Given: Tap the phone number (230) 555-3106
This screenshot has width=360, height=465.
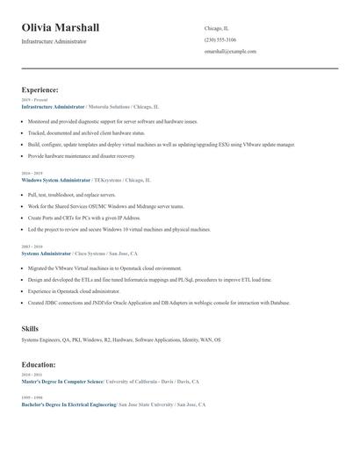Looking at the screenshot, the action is [220, 39].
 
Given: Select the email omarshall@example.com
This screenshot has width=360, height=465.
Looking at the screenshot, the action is [230, 51].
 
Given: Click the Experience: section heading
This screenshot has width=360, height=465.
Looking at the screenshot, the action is [40, 89].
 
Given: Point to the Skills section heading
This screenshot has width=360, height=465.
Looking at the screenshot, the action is [30, 328].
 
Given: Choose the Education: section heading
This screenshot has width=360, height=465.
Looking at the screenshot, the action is [39, 364].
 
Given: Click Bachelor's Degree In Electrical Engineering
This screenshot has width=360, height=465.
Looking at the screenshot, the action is [68, 404].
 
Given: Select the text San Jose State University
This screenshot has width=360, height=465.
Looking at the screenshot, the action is [145, 404].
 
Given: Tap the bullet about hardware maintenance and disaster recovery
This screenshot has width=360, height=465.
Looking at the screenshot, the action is [82, 155].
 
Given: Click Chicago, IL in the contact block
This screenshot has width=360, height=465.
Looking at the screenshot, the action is [216, 28].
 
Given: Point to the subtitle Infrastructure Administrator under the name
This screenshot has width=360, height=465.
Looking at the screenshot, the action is [54, 41].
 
